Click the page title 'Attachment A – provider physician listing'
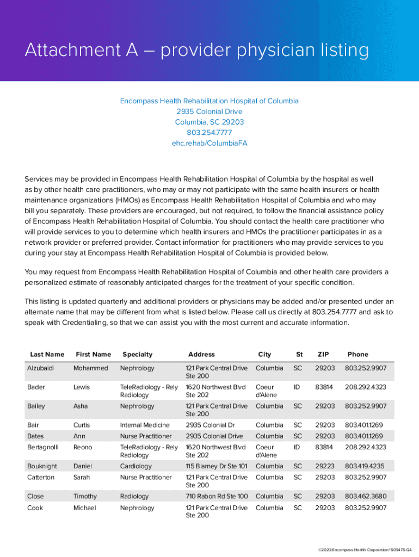(x=196, y=51)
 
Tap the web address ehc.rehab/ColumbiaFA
(x=209, y=143)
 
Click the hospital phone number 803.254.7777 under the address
(x=209, y=132)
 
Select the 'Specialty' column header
(x=137, y=354)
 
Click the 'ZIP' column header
(x=323, y=354)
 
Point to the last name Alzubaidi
(x=40, y=368)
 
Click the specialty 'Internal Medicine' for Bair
(x=144, y=425)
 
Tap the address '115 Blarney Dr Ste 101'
(x=216, y=466)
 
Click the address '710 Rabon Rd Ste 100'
(x=217, y=496)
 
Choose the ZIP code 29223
(x=324, y=466)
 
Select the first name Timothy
(x=85, y=496)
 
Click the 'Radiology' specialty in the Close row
(x=134, y=496)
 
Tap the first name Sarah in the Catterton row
(x=83, y=477)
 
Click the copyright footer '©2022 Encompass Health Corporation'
(x=360, y=549)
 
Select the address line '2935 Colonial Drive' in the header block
(x=209, y=112)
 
